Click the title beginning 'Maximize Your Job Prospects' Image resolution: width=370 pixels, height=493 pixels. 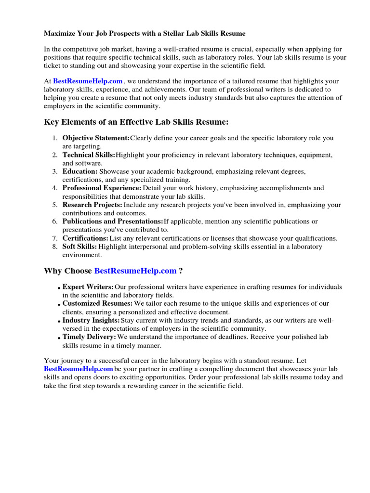pos(145,34)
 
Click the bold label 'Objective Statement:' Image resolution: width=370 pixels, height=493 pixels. pos(96,138)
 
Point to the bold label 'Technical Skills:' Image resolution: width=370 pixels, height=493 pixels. pos(89,155)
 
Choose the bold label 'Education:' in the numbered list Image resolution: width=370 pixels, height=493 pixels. pos(80,171)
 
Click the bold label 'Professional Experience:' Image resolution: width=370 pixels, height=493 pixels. pos(102,188)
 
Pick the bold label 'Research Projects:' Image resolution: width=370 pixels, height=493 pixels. pos(92,205)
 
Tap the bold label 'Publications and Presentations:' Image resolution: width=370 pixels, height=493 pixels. pos(113,221)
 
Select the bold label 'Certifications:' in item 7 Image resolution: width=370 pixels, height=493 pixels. pos(85,238)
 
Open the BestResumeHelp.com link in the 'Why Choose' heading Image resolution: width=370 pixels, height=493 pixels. pos(135,271)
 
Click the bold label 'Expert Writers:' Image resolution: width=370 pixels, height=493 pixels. pos(88,287)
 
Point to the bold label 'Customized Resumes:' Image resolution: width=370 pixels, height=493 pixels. pos(97,304)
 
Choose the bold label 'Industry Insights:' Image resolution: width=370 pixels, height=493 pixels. pos(91,320)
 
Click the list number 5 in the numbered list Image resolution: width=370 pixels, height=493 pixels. pos(55,205)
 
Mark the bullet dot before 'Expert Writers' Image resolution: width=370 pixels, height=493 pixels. pos(59,288)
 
